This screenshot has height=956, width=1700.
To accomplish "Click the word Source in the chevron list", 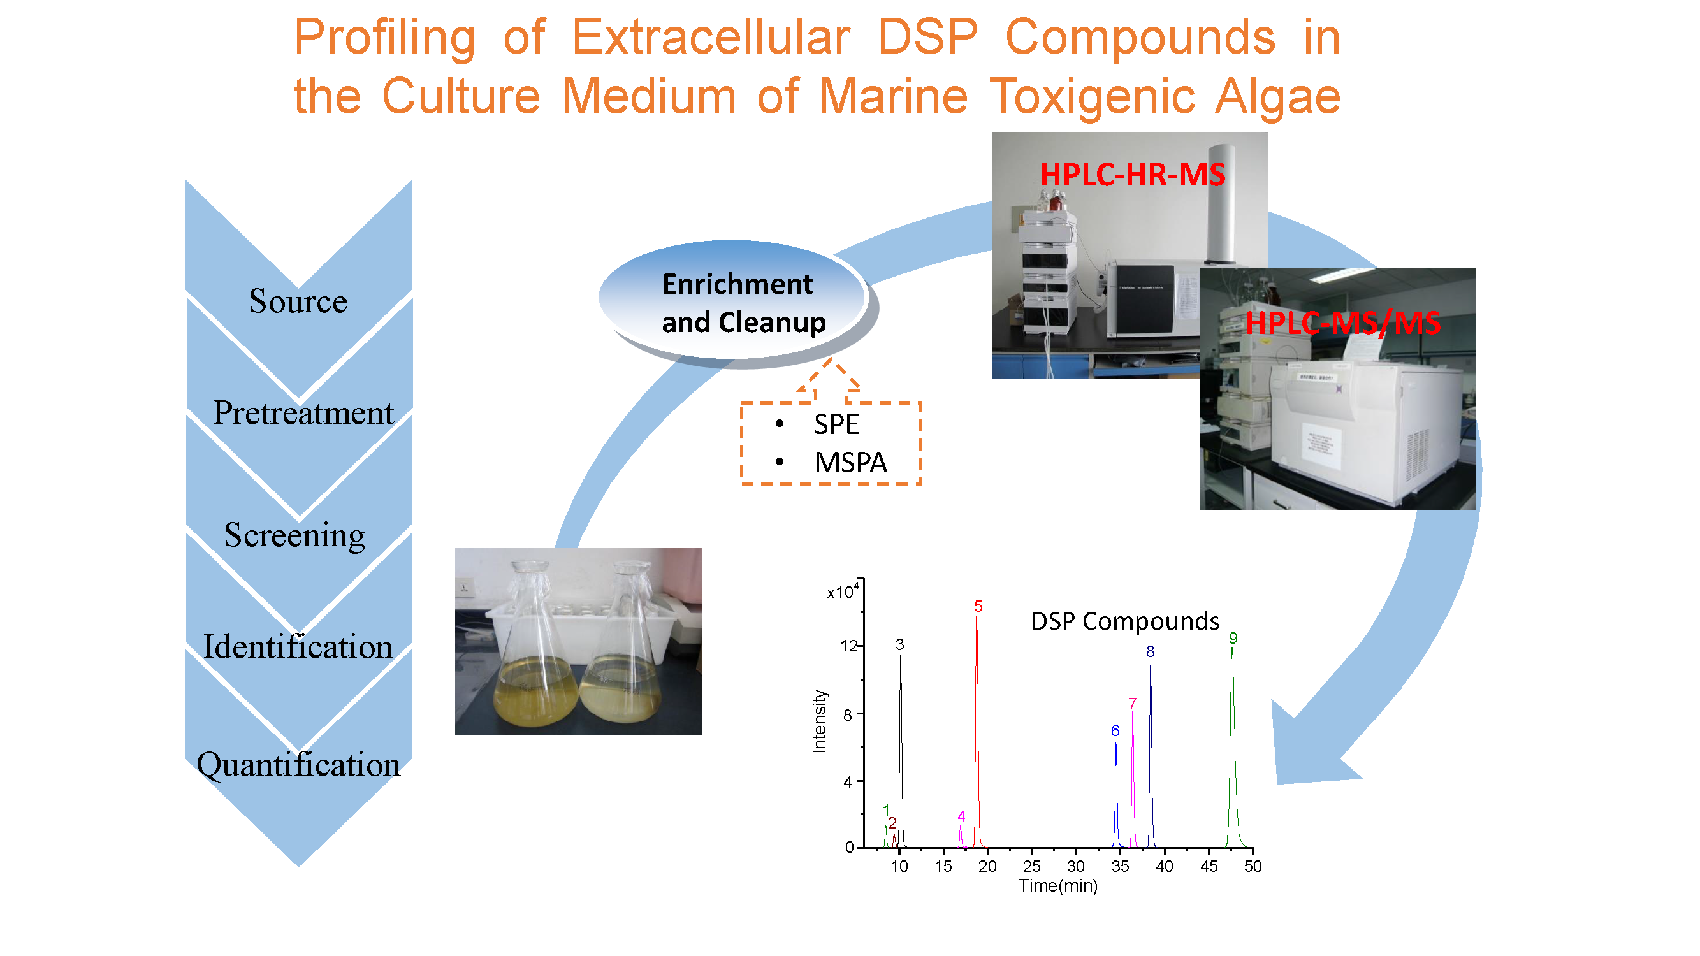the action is tap(298, 301).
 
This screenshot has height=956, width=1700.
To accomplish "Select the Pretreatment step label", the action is tap(303, 413).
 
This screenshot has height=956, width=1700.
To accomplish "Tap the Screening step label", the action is tap(294, 535).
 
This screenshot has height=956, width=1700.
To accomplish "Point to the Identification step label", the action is tap(298, 646).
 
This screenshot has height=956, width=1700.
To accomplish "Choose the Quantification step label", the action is tap(298, 765).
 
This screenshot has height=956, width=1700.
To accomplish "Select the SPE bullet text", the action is tap(836, 424).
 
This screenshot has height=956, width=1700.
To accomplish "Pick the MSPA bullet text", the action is tap(851, 463).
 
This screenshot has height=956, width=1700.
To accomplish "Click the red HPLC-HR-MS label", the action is tap(1133, 175).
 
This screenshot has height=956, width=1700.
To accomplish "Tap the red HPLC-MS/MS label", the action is tap(1342, 323).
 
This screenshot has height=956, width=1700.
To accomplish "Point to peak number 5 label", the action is tap(978, 606).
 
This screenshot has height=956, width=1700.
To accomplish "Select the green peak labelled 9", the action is tap(1232, 746).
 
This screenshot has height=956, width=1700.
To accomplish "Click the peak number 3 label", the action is tap(899, 644).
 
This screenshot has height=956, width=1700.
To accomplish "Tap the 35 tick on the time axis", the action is tap(1120, 866).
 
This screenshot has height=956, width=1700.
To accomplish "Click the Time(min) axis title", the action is tap(1058, 886).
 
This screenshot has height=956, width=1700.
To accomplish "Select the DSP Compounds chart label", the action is tap(1125, 621).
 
